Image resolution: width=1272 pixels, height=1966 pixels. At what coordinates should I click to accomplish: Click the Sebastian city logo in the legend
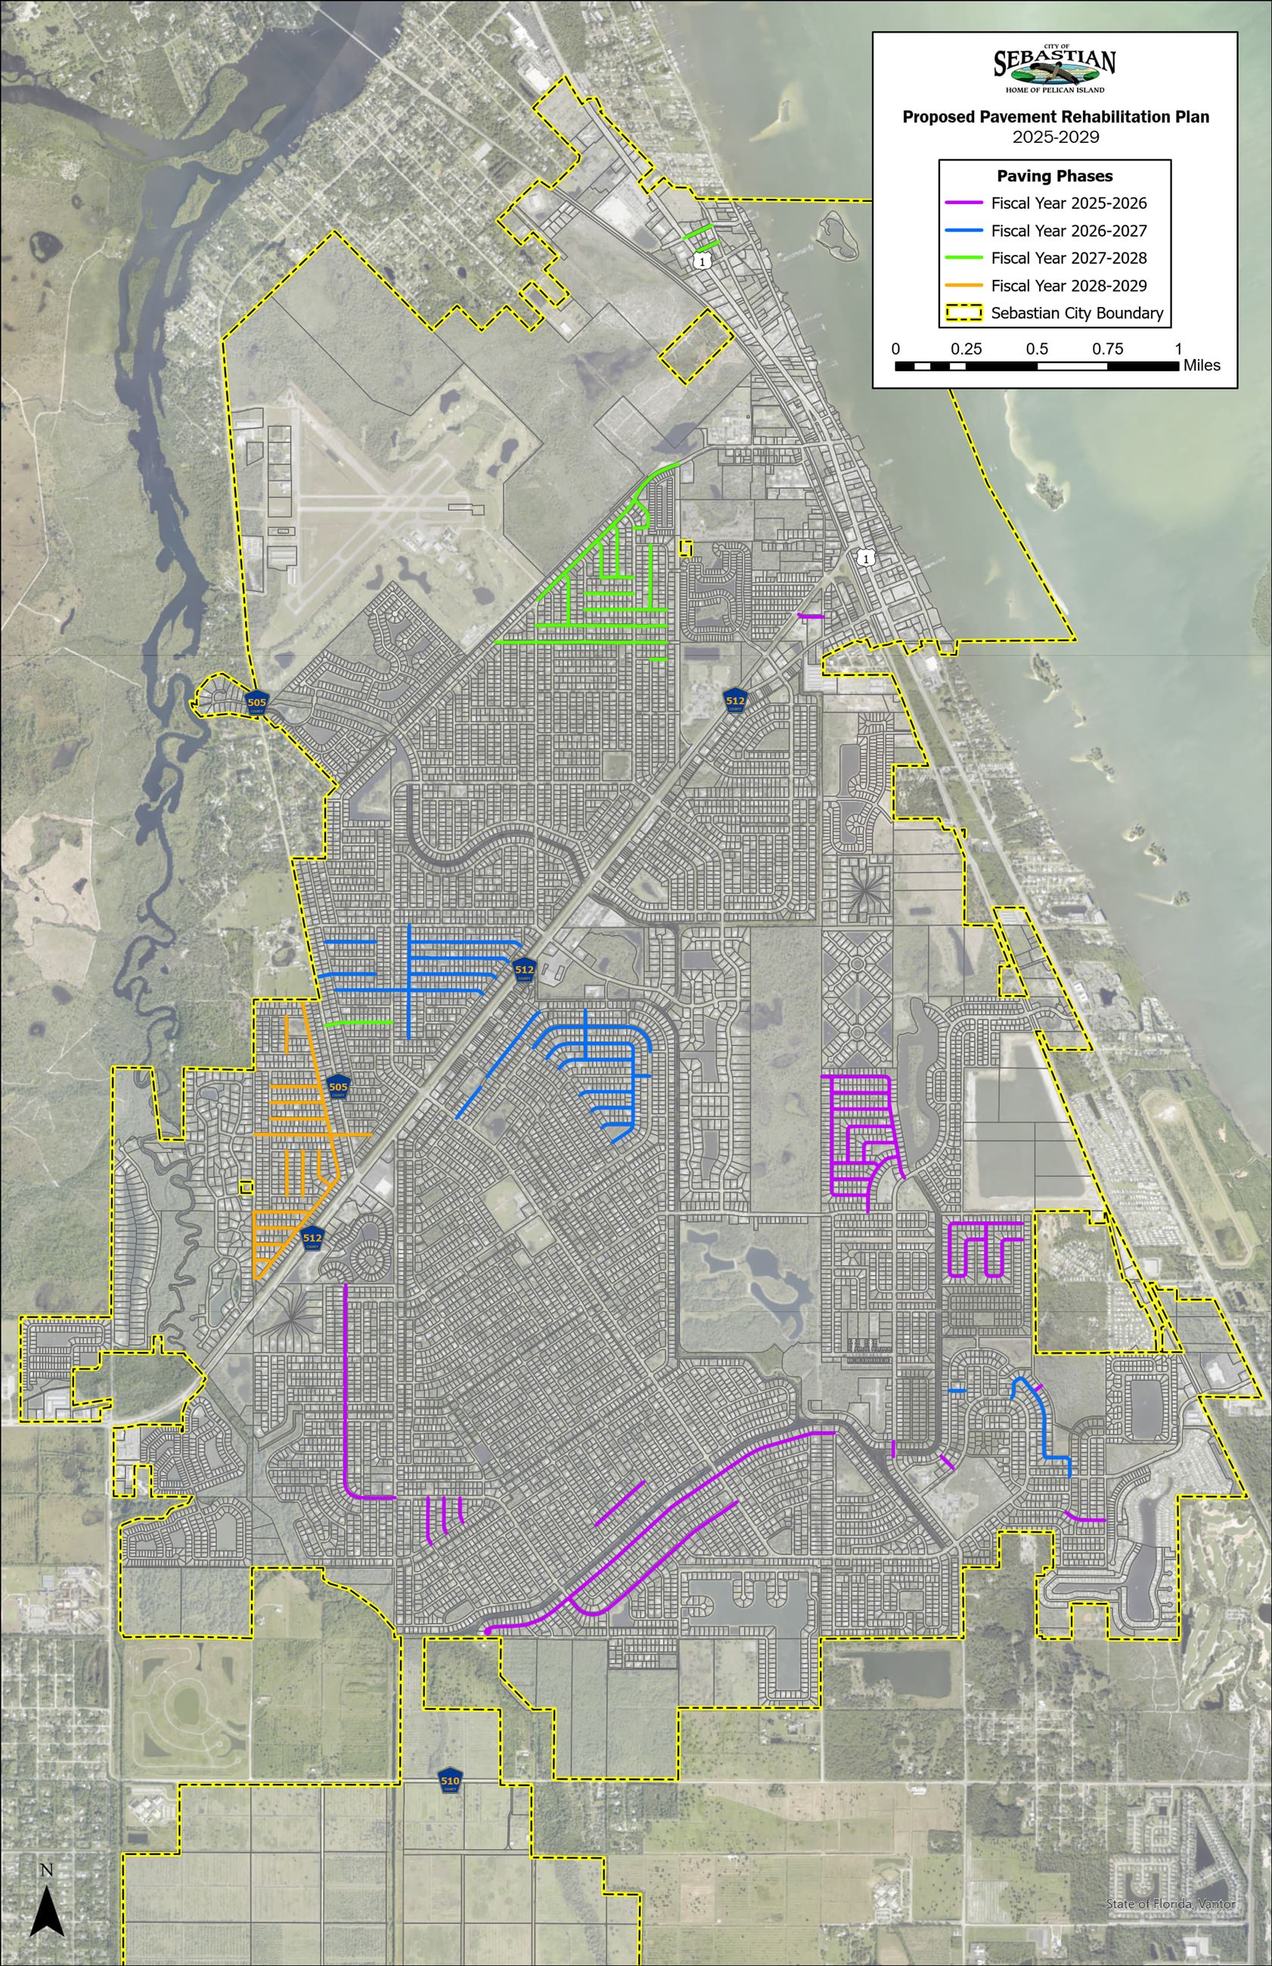1055,69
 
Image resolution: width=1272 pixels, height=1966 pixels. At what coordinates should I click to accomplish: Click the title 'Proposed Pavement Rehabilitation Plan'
1055,117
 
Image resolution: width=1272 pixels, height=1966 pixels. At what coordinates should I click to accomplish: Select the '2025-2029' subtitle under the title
1056,137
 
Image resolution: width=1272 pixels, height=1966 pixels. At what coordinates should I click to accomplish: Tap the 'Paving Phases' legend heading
1055,176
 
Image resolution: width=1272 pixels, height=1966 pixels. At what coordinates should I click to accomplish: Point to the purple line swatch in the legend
963,203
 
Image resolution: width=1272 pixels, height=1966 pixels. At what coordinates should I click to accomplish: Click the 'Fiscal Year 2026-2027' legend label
1069,231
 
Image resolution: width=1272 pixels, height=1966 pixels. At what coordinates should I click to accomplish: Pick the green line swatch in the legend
963,259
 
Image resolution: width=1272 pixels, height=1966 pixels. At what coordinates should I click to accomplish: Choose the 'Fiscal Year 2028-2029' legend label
1069,286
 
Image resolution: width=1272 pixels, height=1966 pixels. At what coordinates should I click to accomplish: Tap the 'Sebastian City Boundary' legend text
1077,313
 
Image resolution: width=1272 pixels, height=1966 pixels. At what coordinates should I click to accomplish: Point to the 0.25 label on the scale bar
966,349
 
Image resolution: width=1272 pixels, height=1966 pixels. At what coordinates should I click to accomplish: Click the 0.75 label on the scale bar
1107,349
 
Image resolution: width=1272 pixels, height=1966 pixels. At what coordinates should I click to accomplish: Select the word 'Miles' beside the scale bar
1201,365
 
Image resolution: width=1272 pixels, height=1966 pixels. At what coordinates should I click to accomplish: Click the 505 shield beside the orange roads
338,1087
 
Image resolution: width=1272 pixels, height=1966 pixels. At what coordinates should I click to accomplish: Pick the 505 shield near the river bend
257,702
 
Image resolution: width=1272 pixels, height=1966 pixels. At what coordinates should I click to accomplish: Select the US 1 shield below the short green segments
701,261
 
